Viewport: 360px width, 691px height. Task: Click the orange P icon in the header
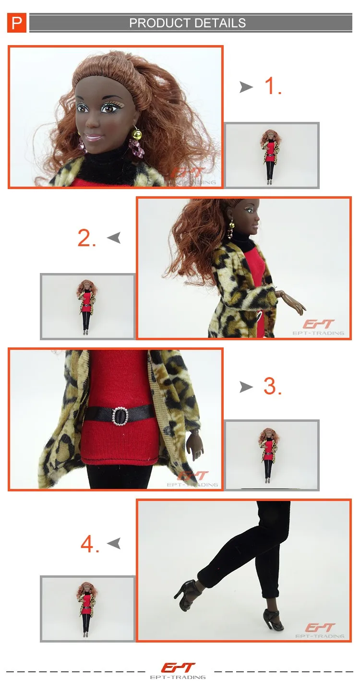point(17,23)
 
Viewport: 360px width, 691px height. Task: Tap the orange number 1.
point(273,86)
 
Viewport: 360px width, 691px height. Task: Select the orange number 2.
point(87,238)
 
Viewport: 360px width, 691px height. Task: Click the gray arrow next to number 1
point(246,87)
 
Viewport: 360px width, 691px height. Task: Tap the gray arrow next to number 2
point(114,238)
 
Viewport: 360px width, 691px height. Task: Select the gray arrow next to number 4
point(114,544)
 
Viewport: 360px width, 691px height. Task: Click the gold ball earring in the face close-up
point(137,133)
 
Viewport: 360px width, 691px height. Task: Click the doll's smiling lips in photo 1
point(93,137)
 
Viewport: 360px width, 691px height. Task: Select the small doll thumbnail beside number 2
point(88,307)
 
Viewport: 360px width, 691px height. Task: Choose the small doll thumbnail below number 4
point(88,609)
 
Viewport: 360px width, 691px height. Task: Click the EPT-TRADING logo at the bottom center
point(178,671)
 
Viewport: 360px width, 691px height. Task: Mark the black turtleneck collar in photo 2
point(243,239)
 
